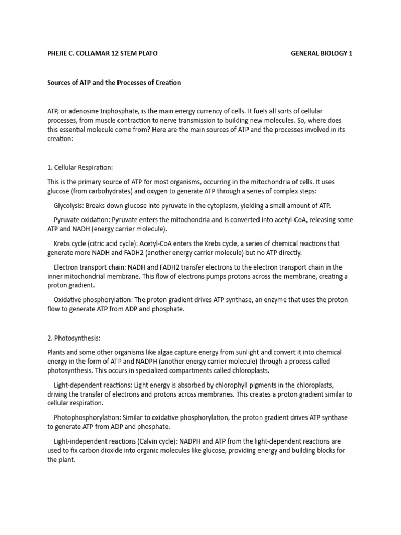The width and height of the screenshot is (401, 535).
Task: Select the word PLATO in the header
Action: tap(147, 54)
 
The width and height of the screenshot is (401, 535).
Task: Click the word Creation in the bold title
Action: tap(166, 83)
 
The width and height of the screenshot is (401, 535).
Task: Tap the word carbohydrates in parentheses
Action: tap(115, 191)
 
